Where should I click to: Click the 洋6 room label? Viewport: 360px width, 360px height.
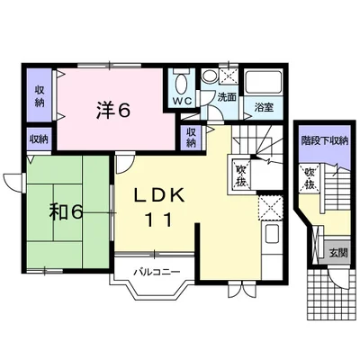pos(113,111)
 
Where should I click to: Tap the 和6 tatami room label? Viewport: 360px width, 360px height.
pos(66,212)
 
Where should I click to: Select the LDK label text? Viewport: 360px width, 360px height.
pos(158,196)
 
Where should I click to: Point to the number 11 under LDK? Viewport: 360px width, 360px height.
pos(159,220)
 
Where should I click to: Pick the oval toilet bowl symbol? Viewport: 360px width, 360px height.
pos(181,84)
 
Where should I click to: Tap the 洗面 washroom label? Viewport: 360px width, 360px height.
pos(227,97)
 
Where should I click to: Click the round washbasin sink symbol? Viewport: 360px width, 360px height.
pos(207,76)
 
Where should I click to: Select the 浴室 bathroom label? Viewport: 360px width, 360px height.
pos(264,107)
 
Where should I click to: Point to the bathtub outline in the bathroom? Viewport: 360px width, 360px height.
pos(264,83)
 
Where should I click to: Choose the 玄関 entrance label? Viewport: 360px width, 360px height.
pos(338,253)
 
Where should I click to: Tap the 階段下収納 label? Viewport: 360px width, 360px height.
pos(325,140)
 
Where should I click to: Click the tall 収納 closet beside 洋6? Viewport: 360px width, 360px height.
pos(40,95)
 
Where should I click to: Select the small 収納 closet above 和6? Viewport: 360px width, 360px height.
pos(39,139)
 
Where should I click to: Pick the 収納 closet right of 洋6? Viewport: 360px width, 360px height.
pos(192,138)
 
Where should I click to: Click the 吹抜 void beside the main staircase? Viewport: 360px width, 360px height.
pos(240,175)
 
